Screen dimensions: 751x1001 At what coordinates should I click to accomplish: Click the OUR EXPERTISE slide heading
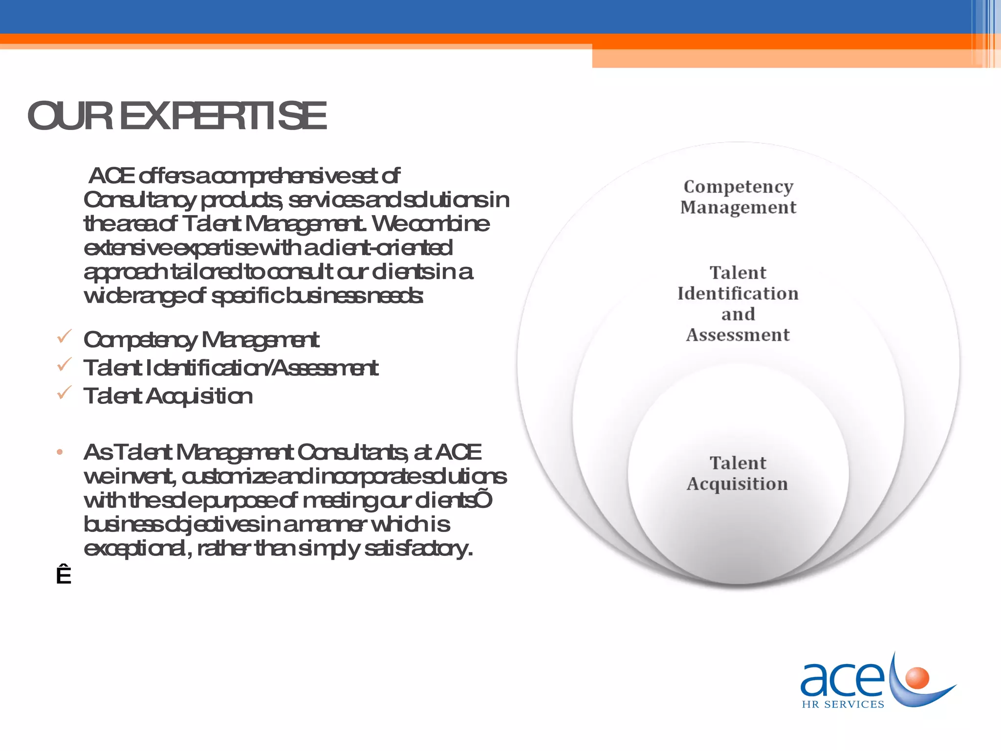[176, 116]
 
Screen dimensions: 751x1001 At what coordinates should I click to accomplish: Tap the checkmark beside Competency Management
[65, 337]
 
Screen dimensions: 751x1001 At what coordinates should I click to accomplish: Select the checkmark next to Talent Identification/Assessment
[65, 365]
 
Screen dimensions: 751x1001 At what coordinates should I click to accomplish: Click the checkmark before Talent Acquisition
[65, 393]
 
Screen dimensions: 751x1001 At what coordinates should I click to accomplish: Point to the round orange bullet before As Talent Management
[60, 452]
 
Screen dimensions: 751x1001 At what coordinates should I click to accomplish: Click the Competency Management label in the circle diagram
[738, 197]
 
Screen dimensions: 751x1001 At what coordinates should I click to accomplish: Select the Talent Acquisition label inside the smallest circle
[738, 473]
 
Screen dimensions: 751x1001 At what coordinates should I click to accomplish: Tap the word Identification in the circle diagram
[738, 293]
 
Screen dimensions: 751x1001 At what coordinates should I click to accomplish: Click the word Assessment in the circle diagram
[738, 335]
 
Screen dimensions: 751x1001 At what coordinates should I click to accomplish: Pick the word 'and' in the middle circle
[738, 314]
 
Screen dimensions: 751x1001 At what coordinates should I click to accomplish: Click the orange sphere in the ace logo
[917, 678]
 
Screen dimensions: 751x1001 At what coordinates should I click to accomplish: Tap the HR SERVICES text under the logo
[843, 704]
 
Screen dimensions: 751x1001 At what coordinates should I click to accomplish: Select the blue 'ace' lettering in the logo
[842, 679]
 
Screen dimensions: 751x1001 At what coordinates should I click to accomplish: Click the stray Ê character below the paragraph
[64, 575]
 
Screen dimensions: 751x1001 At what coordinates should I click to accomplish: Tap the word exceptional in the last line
[134, 549]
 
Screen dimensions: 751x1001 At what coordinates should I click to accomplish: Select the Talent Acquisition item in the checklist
[168, 396]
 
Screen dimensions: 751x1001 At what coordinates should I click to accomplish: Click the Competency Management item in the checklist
[201, 340]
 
